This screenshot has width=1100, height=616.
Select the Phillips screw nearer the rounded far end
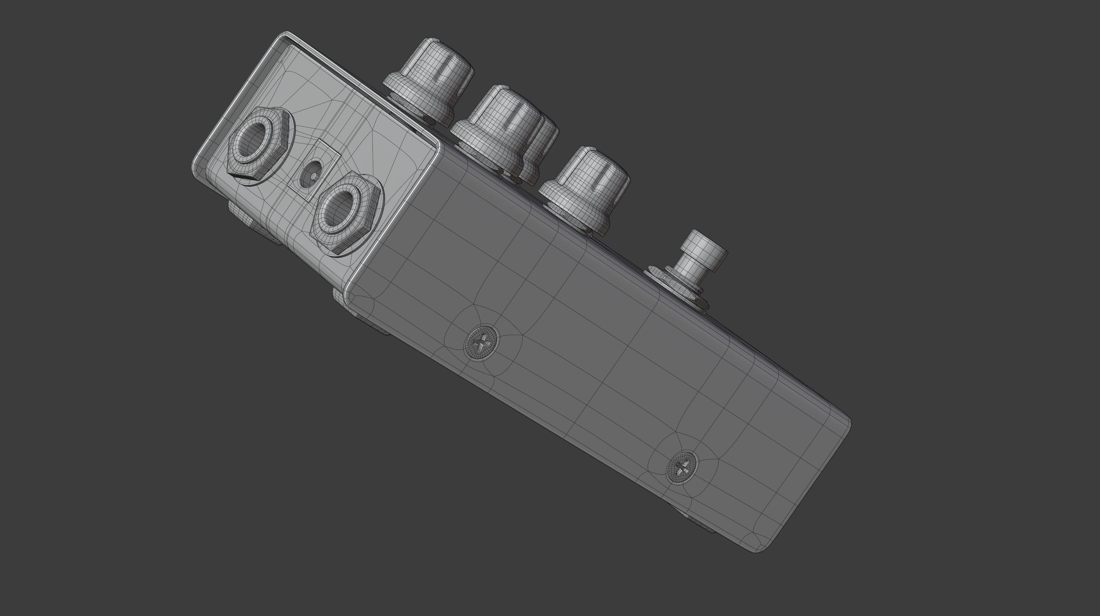[682, 467]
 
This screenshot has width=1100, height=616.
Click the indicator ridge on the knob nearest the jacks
[448, 64]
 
